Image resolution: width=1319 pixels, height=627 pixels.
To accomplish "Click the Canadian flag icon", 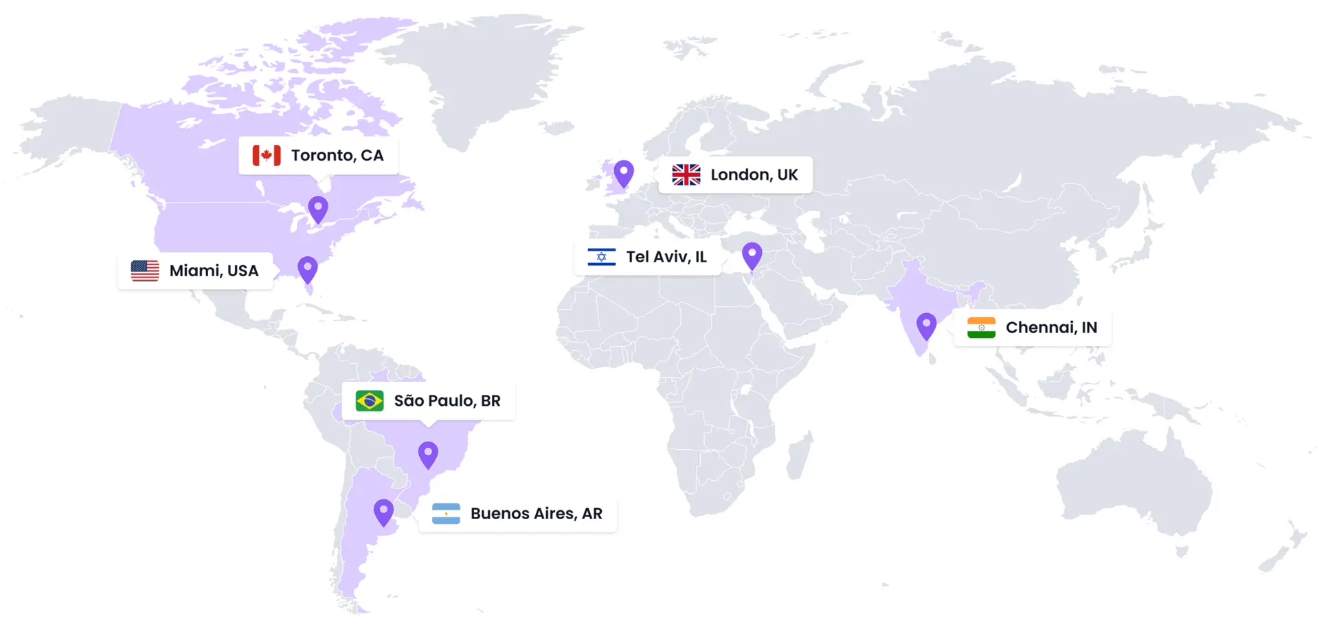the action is tap(267, 155).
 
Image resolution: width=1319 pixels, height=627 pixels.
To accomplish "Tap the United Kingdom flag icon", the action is tap(686, 175).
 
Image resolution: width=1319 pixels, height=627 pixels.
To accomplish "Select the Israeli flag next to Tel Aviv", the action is tap(602, 257).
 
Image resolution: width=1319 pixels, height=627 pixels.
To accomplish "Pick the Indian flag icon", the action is tap(981, 328).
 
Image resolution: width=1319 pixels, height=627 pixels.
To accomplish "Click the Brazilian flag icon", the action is tap(370, 400).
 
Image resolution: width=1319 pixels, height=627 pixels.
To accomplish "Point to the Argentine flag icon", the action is tap(446, 514).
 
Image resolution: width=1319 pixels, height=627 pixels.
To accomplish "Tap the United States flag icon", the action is tap(145, 271).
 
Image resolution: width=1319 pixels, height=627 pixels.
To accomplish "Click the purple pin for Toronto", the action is tap(318, 208).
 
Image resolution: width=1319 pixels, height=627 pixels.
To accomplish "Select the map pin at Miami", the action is tap(308, 269).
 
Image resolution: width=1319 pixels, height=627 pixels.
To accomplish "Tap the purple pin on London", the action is tap(624, 172).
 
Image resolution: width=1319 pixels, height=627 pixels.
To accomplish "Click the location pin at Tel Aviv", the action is tap(752, 255).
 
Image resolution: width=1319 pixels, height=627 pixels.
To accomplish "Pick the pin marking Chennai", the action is tap(927, 325).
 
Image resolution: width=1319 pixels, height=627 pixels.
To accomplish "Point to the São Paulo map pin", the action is tap(428, 453).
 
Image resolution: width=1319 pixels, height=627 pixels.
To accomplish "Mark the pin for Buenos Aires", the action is tap(383, 512).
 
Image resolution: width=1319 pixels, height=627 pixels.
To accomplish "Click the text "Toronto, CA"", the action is tap(337, 155).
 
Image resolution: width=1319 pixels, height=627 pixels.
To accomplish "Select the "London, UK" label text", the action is tap(754, 175).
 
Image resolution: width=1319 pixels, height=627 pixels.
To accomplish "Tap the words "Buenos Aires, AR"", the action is tap(537, 514).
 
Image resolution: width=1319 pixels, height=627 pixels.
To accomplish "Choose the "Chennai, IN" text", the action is tap(1052, 328).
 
